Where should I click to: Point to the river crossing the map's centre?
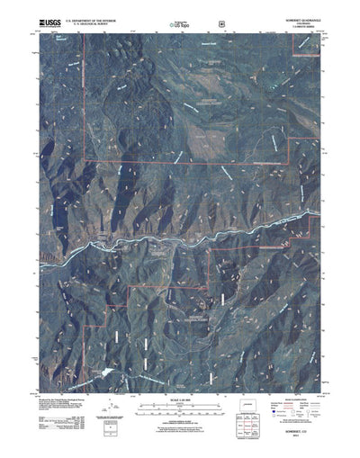[x=180, y=236]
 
